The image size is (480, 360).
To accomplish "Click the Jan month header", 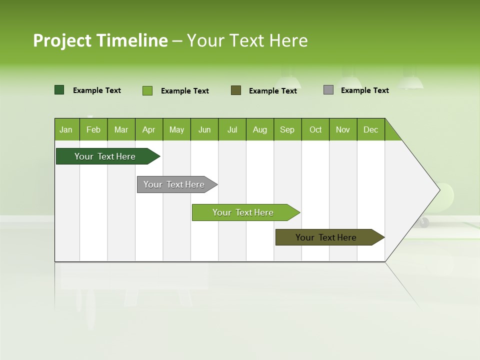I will pos(66,129).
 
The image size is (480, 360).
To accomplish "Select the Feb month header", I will pos(93,129).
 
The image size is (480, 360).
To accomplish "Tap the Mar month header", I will pos(121,129).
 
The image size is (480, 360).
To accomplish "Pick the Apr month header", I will pos(149,129).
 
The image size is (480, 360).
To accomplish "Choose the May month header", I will pos(176,129).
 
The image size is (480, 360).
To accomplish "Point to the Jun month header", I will pos(204,129).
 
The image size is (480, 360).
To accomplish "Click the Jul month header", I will pos(232,129).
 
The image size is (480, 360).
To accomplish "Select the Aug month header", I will pos(260,129).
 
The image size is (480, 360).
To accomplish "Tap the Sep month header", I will pos(287,129).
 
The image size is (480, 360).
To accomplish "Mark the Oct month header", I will pos(315,129).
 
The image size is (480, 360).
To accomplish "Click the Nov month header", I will pos(343,129).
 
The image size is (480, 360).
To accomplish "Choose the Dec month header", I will pos(371,129).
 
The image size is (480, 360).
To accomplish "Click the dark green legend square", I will pos(59,90).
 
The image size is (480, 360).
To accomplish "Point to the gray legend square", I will pos(328,90).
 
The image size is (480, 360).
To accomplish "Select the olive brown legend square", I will pos(236,90).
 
